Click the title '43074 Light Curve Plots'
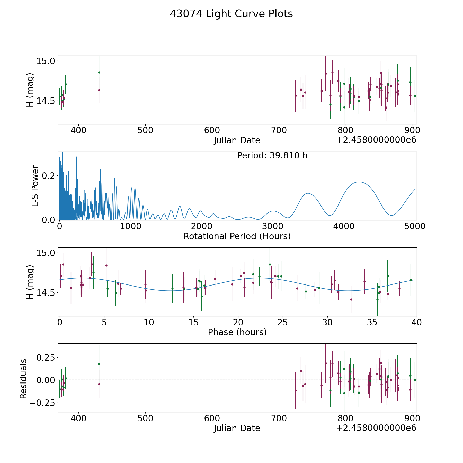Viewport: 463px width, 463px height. (x=231, y=14)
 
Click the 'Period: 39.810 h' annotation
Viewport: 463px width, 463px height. (x=272, y=156)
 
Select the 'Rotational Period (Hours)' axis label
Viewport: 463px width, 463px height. (x=237, y=236)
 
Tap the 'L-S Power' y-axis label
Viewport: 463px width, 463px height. (x=35, y=186)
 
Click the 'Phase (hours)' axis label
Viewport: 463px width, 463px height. (x=237, y=332)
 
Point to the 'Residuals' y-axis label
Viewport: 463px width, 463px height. (x=23, y=379)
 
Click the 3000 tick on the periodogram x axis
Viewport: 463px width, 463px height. (x=273, y=226)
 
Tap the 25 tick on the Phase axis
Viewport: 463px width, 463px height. (x=283, y=322)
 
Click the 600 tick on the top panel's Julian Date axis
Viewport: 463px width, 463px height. (x=212, y=130)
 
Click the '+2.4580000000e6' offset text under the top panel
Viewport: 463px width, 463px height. (x=376, y=140)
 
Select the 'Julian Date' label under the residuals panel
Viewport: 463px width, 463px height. (x=237, y=428)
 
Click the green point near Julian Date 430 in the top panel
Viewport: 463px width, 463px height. (x=99, y=72)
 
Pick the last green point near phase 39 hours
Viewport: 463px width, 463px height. (x=411, y=280)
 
